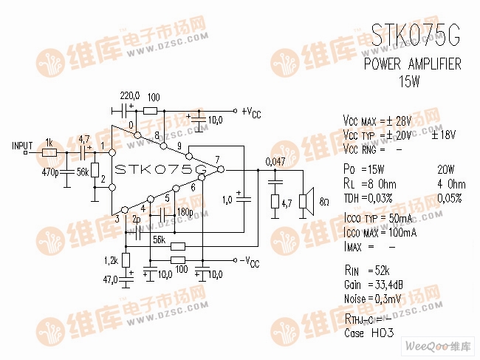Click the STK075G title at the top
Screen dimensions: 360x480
pos(415,35)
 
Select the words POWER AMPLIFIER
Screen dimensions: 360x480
pos(413,64)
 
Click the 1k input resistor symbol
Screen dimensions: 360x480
pos(49,152)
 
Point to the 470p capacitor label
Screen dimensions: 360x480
pos(52,172)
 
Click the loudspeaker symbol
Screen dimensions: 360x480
pos(303,201)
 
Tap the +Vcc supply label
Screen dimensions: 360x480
pos(251,113)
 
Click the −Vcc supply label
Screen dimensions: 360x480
pos(250,262)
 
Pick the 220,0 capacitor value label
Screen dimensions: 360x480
pos(130,96)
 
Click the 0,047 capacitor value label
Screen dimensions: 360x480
pos(275,162)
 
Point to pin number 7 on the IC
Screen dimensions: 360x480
pos(217,160)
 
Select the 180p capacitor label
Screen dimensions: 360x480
pos(184,212)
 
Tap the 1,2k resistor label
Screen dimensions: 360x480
pos(111,260)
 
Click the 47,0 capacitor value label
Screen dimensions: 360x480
pos(112,280)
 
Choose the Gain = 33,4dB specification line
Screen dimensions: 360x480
pos(374,285)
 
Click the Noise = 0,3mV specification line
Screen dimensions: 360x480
pos(374,298)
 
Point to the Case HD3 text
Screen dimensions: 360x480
pos(369,333)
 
